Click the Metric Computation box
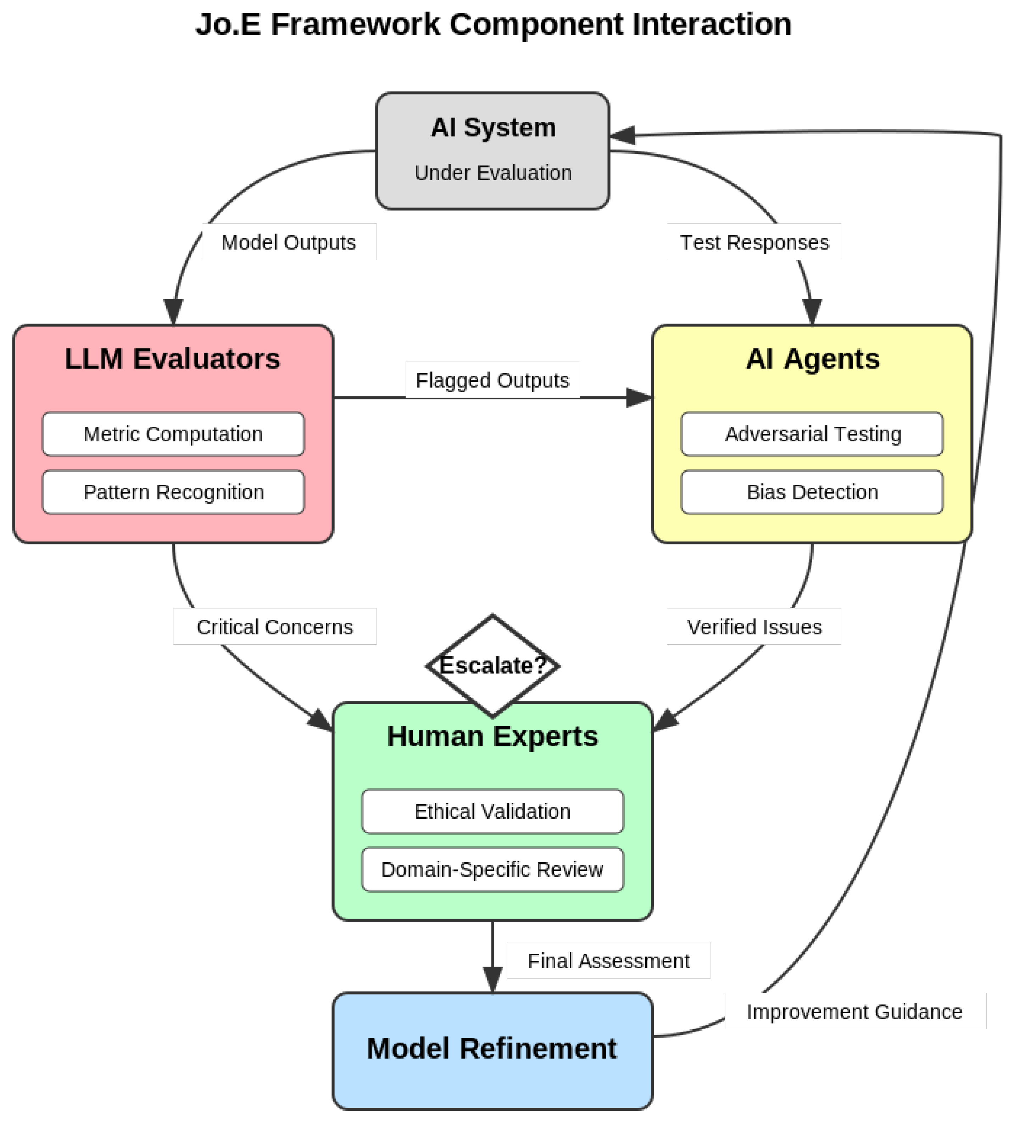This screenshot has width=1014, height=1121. click(x=173, y=434)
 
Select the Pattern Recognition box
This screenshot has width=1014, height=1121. click(x=173, y=492)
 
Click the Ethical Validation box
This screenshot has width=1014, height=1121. click(x=492, y=811)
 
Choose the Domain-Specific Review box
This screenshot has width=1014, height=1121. click(x=492, y=869)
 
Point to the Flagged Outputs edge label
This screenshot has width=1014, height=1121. click(x=492, y=380)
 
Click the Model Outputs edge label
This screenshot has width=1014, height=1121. click(x=288, y=242)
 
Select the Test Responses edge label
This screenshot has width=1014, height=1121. click(x=754, y=242)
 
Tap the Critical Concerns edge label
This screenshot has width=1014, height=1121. click(x=275, y=627)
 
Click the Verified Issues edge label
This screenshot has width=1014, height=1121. click(x=754, y=627)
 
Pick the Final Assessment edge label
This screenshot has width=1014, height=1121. click(x=608, y=961)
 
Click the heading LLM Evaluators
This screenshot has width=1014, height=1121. click(x=172, y=359)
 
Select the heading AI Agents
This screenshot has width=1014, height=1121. click(x=812, y=359)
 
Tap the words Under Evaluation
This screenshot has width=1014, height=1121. click(x=493, y=173)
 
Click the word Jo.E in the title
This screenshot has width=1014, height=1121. click(x=228, y=25)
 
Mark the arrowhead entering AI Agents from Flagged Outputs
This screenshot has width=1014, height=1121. click(x=639, y=398)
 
